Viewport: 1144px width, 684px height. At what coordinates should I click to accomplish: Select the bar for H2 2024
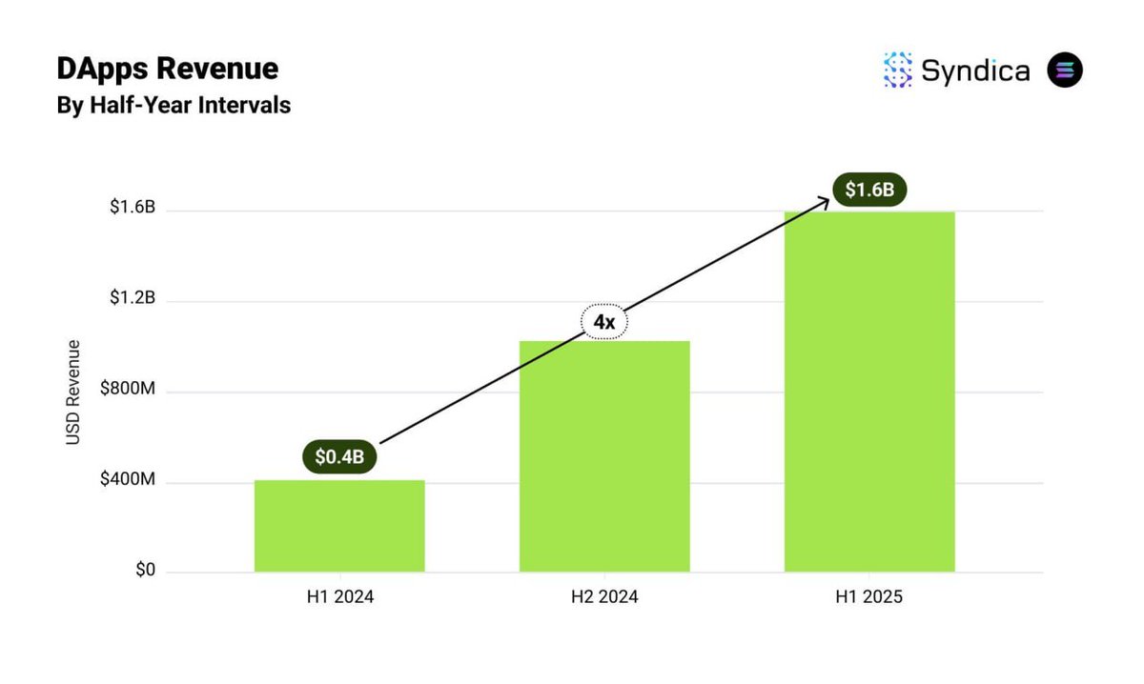tap(604, 456)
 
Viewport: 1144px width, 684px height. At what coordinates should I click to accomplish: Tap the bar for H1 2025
tap(869, 392)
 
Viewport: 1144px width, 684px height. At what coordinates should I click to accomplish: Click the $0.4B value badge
tap(339, 457)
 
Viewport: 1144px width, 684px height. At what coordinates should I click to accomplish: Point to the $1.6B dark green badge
tap(869, 190)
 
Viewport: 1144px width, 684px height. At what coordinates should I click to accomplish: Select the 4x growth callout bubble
tap(604, 323)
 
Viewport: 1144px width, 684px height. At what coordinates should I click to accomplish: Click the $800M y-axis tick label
tap(128, 392)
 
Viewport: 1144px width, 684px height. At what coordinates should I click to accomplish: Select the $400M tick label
tap(128, 482)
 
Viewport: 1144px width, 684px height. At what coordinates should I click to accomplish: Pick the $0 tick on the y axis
tap(145, 572)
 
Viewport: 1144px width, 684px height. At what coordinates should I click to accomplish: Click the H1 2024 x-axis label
tap(339, 598)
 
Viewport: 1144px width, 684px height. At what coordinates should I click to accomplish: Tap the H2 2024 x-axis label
tap(604, 598)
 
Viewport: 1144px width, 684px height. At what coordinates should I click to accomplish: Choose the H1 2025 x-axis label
tap(869, 598)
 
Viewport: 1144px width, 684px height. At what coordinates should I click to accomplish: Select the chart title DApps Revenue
tap(167, 69)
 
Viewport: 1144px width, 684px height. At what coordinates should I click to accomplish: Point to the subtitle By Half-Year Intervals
tap(174, 105)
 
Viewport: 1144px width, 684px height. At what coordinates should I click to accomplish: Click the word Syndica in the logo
tap(975, 70)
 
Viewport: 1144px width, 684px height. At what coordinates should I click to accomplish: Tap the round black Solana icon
tap(1065, 70)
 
